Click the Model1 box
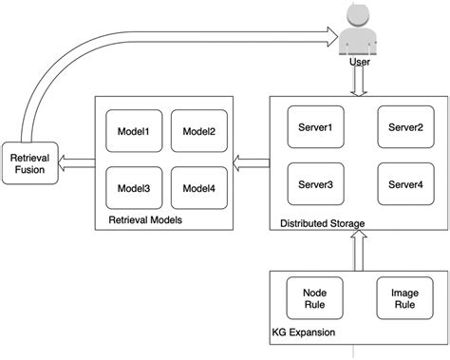tap(134, 132)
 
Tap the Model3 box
tap(134, 188)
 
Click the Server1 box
tap(315, 127)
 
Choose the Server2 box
tap(405, 127)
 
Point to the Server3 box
tap(315, 182)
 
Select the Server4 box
tap(405, 182)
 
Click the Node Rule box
tap(314, 298)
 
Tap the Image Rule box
tap(405, 298)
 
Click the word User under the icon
tap(360, 63)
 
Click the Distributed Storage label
tap(323, 224)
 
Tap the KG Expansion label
tap(303, 334)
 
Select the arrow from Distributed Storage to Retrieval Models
tap(252, 160)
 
